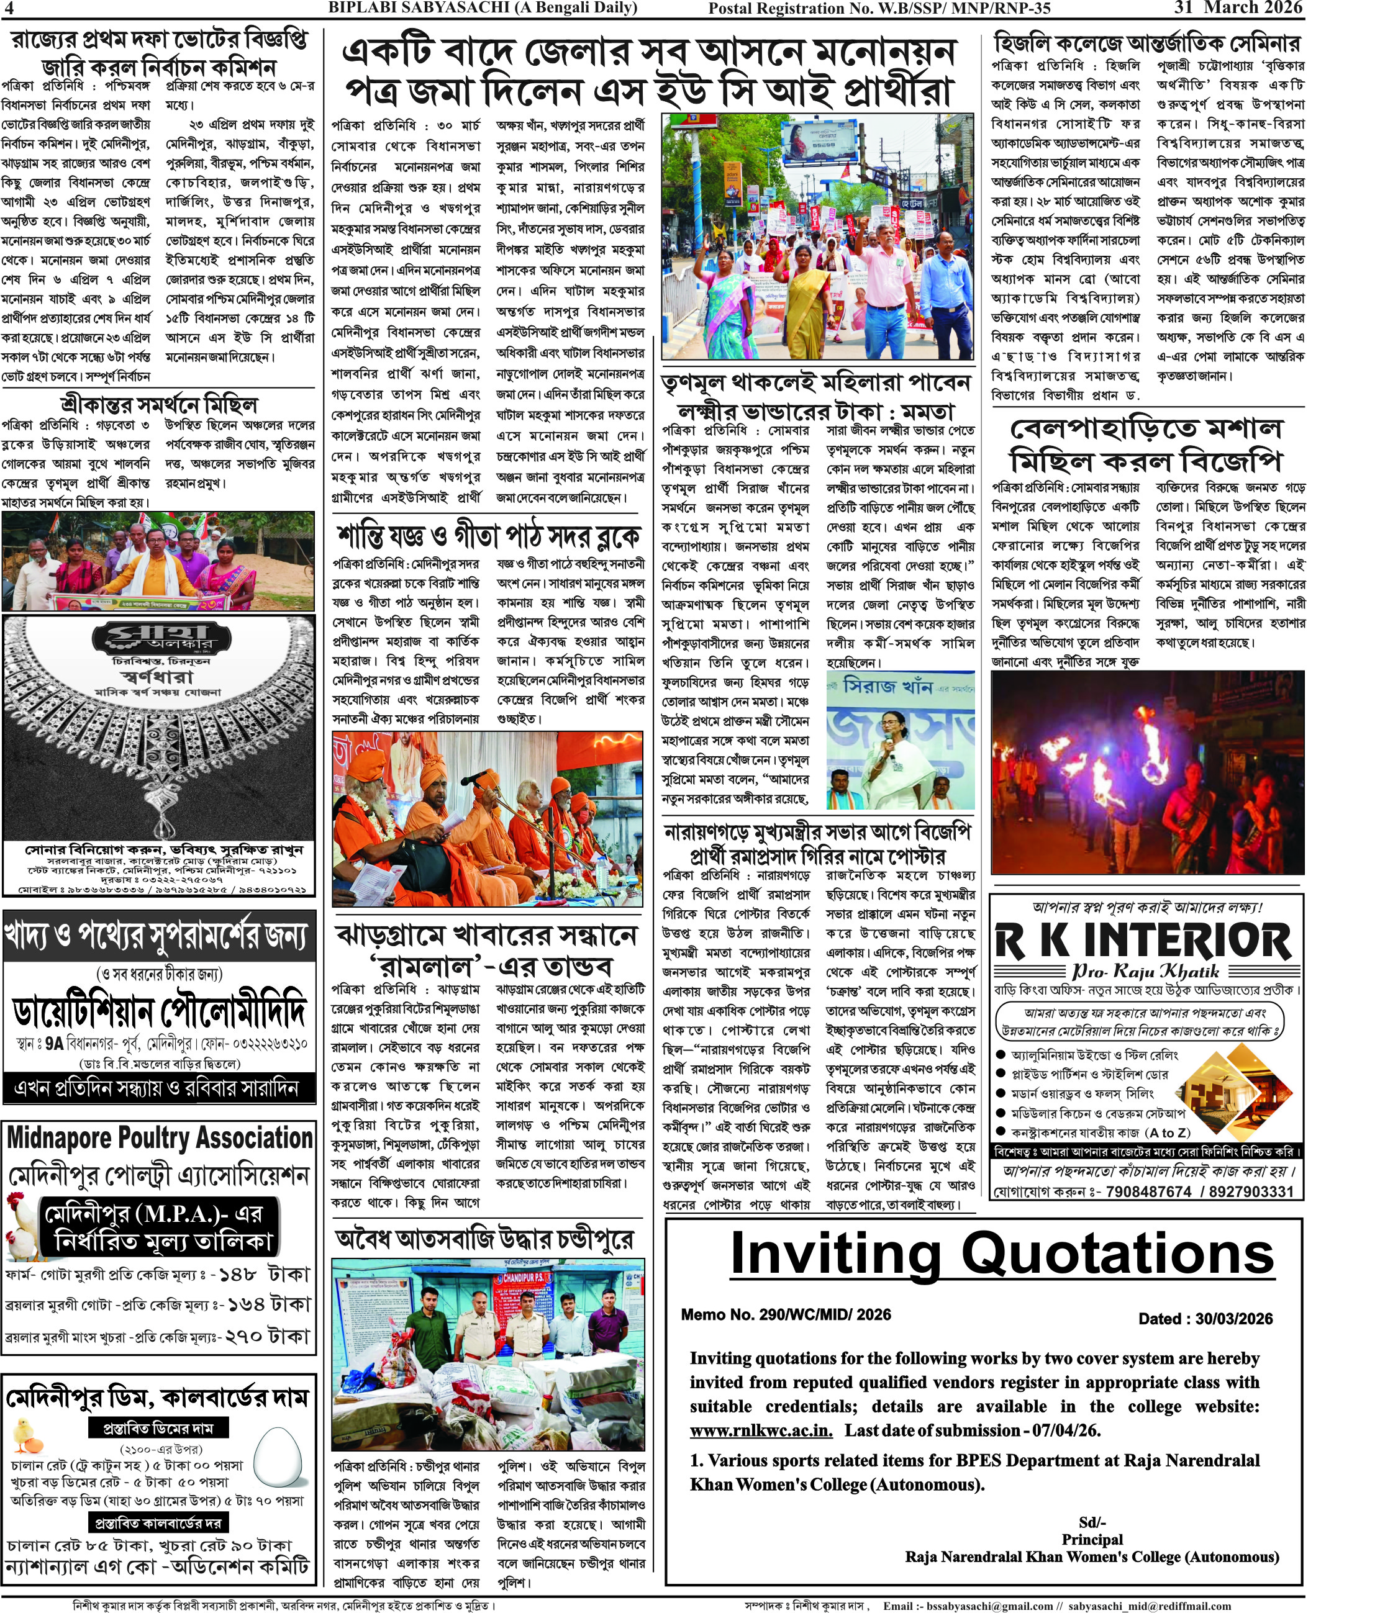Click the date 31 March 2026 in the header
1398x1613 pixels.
pos(1239,8)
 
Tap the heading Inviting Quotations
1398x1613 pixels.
pos(1002,1255)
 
